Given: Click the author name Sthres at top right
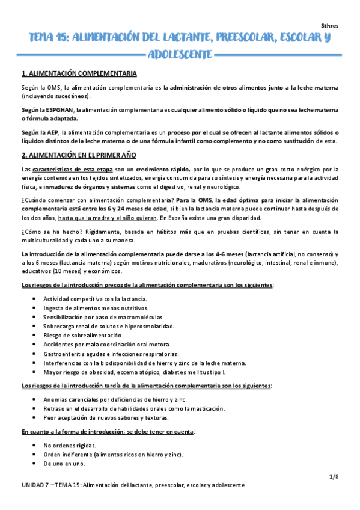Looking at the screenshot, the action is [330, 28].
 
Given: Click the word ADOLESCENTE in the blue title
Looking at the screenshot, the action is [180, 55].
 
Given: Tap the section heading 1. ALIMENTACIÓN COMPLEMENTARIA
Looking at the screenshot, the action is [79, 74].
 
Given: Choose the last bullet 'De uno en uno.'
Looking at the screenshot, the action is [64, 464].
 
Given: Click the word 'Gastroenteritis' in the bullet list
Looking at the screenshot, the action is [64, 354].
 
